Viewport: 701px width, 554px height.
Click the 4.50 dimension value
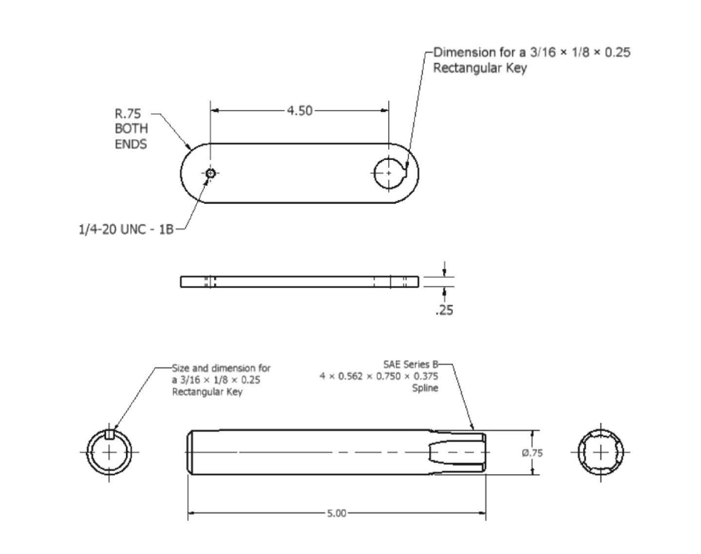(299, 110)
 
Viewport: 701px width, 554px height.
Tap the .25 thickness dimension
(445, 310)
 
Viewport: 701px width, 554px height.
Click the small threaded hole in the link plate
(211, 173)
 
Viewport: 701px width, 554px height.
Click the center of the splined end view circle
(600, 452)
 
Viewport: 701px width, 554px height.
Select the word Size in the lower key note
(180, 367)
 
